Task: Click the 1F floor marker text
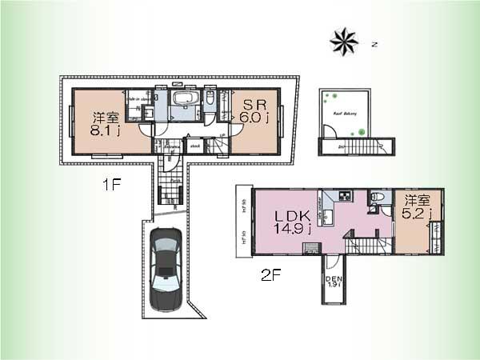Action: point(110,186)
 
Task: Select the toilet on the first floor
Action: point(210,99)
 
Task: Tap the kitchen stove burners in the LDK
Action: point(345,197)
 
